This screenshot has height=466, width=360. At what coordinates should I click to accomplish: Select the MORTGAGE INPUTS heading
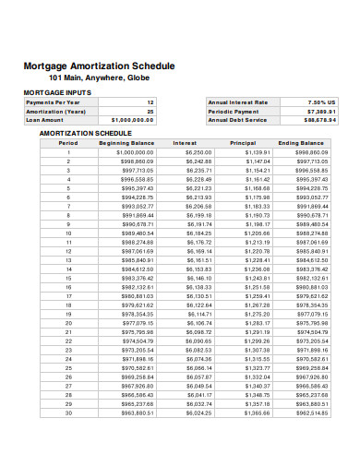pyautogui.click(x=57, y=93)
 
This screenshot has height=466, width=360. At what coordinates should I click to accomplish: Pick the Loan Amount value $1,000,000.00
pyautogui.click(x=132, y=120)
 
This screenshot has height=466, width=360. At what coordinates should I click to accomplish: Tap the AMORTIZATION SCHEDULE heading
pyautogui.click(x=86, y=133)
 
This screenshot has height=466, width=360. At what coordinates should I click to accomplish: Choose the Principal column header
pyautogui.click(x=243, y=143)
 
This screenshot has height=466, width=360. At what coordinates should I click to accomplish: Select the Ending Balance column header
pyautogui.click(x=301, y=143)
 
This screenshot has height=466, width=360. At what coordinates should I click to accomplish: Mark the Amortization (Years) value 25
pyautogui.click(x=150, y=111)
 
